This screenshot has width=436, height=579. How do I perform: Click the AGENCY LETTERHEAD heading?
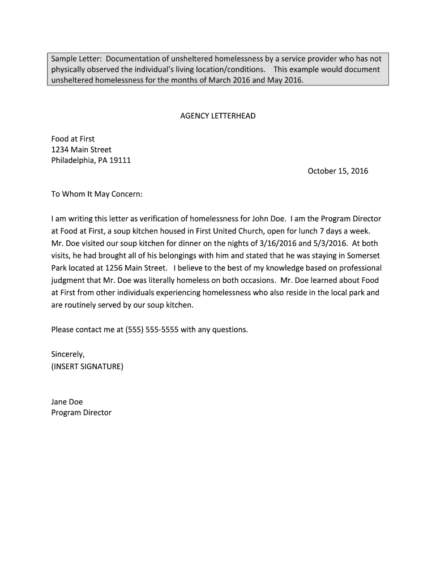(217, 116)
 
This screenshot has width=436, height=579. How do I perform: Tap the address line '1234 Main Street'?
(81, 149)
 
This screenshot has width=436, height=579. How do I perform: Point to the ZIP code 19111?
(119, 160)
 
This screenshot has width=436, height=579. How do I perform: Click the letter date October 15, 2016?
(337, 171)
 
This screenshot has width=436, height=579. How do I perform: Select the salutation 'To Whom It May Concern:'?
(97, 194)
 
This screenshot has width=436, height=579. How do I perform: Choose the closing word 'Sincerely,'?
(67, 354)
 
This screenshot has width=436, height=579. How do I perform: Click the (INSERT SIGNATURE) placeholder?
(87, 366)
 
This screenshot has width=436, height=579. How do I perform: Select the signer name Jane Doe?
(67, 401)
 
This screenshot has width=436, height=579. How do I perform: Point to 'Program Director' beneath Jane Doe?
(81, 413)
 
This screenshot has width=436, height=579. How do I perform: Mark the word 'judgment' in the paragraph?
(69, 280)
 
